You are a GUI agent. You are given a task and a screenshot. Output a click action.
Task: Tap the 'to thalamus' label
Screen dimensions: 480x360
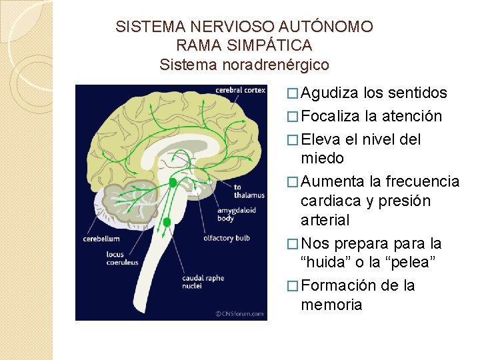click(249, 191)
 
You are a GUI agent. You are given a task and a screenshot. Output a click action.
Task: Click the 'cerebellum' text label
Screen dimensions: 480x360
click(101, 239)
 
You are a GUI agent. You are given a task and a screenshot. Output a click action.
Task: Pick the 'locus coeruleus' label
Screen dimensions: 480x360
click(122, 258)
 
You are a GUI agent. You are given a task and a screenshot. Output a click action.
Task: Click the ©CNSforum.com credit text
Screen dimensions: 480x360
click(239, 313)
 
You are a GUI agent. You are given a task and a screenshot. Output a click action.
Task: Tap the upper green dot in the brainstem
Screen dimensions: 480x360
click(173, 181)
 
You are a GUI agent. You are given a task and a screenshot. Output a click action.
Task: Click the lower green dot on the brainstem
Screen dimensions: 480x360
click(167, 221)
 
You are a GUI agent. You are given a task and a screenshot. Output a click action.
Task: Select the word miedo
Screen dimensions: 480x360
click(322, 159)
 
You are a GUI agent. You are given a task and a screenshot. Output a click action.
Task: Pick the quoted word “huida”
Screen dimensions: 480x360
click(329, 263)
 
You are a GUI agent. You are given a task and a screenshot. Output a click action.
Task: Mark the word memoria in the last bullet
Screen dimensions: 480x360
click(331, 305)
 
